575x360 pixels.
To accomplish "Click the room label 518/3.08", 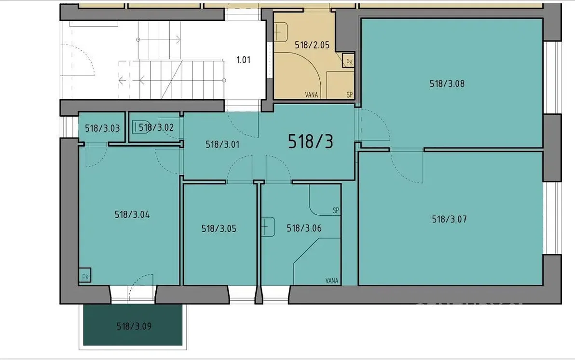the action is [447, 83].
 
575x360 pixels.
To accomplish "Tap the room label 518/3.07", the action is [449, 220].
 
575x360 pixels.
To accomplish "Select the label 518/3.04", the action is [132, 215].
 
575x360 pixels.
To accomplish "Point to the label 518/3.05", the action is [219, 229].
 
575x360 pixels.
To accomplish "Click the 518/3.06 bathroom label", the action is [304, 228].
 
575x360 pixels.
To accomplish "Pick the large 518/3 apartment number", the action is [311, 141].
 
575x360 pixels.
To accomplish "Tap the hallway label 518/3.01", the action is [222, 145].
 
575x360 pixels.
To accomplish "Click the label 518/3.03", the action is [102, 128].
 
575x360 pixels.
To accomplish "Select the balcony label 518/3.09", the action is [134, 326].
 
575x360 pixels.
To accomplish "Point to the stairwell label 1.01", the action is [244, 60].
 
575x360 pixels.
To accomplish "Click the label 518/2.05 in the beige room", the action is [312, 45].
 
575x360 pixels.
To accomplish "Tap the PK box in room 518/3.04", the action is [85, 276].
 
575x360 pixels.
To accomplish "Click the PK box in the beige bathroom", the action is [349, 61].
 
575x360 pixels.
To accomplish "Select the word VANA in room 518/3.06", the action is [331, 281].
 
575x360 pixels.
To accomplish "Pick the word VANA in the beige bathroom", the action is [311, 95].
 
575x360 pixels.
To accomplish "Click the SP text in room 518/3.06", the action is [336, 210].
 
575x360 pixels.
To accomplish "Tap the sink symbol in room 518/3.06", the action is [268, 227].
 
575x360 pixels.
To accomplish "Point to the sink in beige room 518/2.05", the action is [281, 32].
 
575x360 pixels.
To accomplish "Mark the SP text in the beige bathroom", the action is [349, 95].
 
